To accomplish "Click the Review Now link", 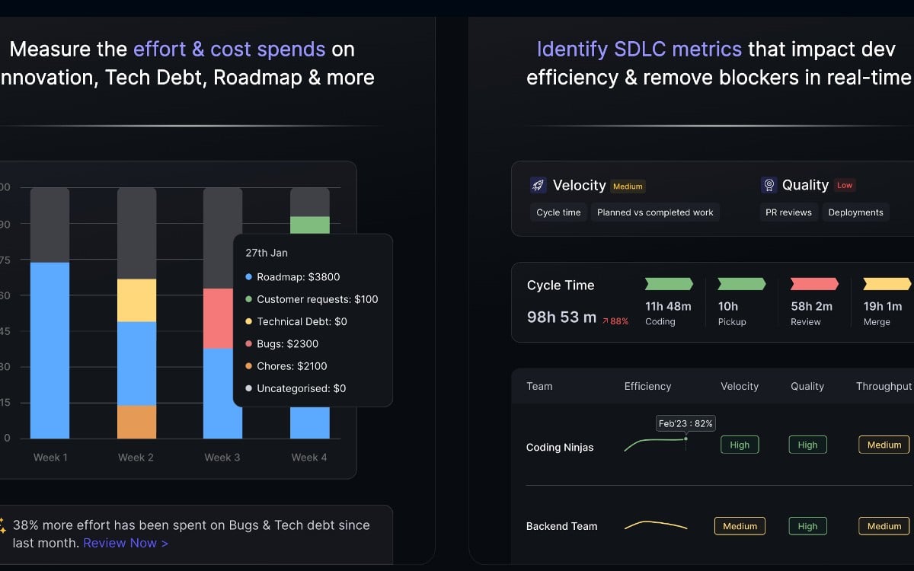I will click(x=126, y=543).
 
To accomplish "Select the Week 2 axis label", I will click(x=136, y=458).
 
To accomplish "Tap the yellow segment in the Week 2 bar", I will click(x=136, y=300).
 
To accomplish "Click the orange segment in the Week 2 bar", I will click(x=136, y=422).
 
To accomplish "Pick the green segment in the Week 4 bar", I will click(x=309, y=225).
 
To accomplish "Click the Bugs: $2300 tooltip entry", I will click(x=287, y=344).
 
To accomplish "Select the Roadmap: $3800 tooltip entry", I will click(x=298, y=277).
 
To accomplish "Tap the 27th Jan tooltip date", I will click(x=267, y=253).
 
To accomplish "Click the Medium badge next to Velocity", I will click(x=628, y=186).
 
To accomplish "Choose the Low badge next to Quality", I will click(x=845, y=185).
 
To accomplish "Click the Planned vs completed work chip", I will click(x=655, y=212).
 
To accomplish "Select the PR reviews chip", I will click(x=788, y=212).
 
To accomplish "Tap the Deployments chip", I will click(x=855, y=212).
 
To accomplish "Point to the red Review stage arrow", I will click(x=814, y=284).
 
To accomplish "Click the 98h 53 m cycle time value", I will click(x=561, y=317).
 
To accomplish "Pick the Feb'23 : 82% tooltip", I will click(x=685, y=423).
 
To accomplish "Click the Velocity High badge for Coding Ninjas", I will click(x=740, y=445).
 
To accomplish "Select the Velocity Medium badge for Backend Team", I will click(x=740, y=526).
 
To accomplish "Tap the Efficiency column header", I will click(x=647, y=386).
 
